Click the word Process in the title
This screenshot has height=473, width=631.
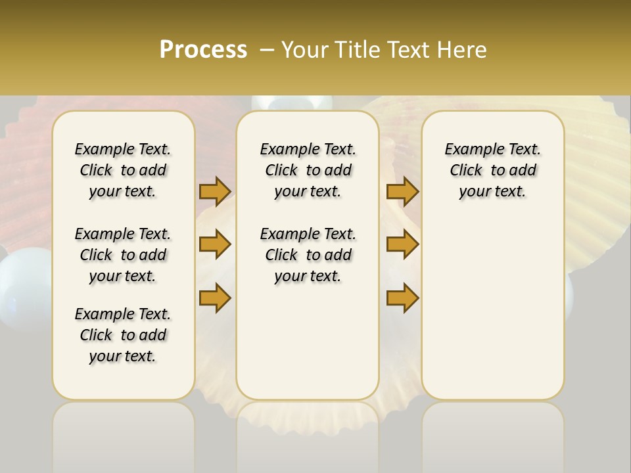203,50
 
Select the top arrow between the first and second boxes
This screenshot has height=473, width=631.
215,191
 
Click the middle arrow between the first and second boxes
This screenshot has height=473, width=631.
215,244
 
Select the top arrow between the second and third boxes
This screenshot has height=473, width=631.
402,191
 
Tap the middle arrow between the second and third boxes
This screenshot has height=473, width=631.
402,244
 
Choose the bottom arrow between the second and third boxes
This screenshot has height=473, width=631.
402,298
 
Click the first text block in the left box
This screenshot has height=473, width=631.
123,170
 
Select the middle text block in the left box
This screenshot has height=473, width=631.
123,255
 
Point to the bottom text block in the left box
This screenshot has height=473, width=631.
123,335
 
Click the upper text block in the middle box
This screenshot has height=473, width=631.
308,170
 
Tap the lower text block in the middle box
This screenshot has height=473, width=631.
308,255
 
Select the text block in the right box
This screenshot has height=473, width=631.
492,170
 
